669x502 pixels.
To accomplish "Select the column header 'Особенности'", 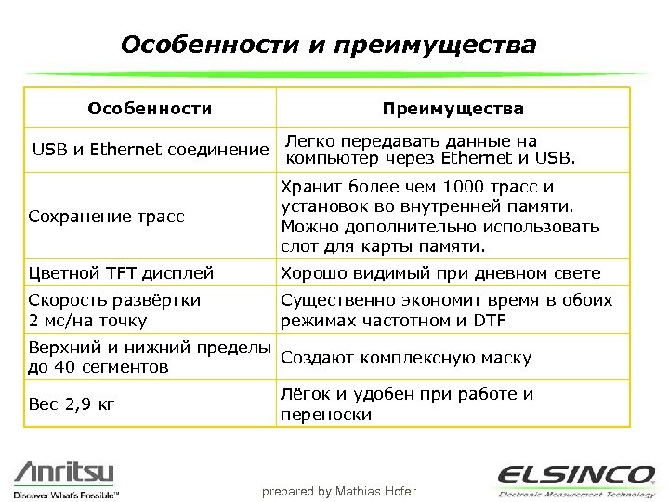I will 150,109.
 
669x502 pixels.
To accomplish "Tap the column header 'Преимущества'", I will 453,109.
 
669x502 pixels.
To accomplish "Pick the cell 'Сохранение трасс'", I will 107,217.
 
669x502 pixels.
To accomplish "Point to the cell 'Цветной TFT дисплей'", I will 122,273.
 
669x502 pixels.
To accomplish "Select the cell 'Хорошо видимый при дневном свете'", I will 440,273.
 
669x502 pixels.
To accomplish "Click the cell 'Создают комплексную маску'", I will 406,358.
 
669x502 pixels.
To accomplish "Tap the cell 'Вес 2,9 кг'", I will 73,404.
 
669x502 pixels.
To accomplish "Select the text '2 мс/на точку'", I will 88,321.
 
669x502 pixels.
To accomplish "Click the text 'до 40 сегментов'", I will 99,367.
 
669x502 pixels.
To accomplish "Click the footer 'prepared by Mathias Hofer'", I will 338,491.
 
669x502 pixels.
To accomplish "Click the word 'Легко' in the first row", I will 309,140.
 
